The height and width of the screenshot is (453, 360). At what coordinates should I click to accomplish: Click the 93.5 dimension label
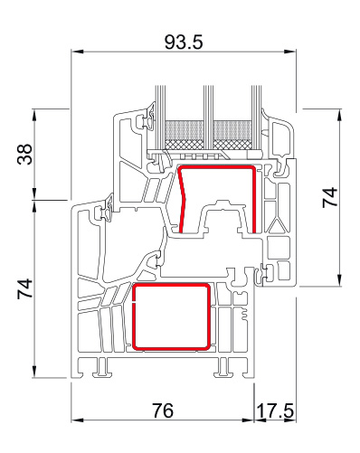coord(184,42)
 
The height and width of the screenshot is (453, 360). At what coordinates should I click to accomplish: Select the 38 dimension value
coord(24,154)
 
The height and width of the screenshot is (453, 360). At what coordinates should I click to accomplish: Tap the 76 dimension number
coord(163,411)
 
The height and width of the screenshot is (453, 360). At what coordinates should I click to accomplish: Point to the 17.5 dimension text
coord(275,411)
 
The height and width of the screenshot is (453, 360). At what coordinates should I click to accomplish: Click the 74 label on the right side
coord(330,197)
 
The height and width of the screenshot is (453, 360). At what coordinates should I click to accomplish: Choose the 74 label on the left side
coord(24,288)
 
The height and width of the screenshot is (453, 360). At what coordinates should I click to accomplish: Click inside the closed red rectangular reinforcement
coord(171,317)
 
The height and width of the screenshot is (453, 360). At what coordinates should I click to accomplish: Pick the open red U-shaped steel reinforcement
coord(253,199)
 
